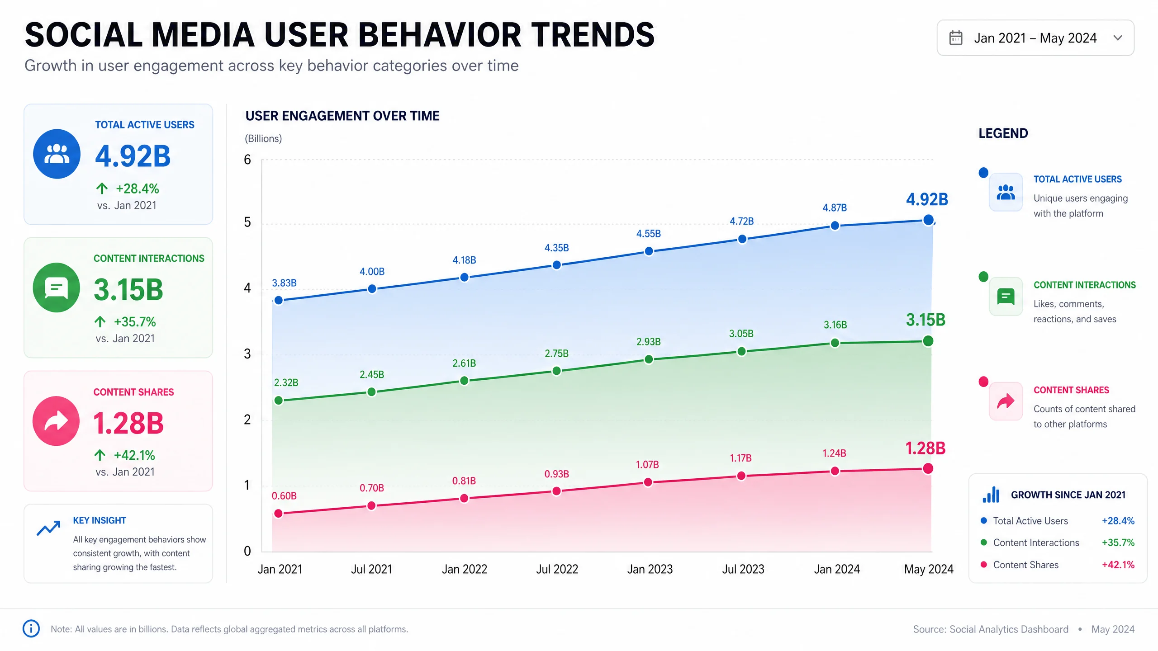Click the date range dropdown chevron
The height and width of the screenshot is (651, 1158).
pos(1118,38)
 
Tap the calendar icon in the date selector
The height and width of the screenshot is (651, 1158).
pos(956,38)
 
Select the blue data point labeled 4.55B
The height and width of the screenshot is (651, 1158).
pos(649,251)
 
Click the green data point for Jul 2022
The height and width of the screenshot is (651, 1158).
pos(557,371)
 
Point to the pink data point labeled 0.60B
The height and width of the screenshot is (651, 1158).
pos(279,513)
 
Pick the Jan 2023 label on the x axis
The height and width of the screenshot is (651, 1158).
pos(650,569)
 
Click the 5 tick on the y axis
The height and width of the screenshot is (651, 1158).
pos(247,222)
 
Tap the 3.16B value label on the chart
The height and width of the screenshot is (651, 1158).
pos(835,325)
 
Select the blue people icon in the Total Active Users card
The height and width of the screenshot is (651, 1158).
pos(57,154)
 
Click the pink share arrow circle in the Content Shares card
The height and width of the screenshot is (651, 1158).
pos(56,421)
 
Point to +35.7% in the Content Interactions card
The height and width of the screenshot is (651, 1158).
pos(135,322)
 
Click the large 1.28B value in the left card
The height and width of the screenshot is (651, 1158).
pos(128,424)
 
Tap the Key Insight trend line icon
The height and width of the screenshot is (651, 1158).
pos(48,528)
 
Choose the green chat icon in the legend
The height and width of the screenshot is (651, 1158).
pos(1006,297)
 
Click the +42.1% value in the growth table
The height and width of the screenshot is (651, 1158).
pos(1118,565)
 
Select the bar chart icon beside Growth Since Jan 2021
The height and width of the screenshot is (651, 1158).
pos(991,495)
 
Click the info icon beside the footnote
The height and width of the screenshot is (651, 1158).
pos(31,628)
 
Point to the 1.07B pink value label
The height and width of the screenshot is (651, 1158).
pos(647,465)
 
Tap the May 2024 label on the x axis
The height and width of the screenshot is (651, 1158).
pos(929,570)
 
